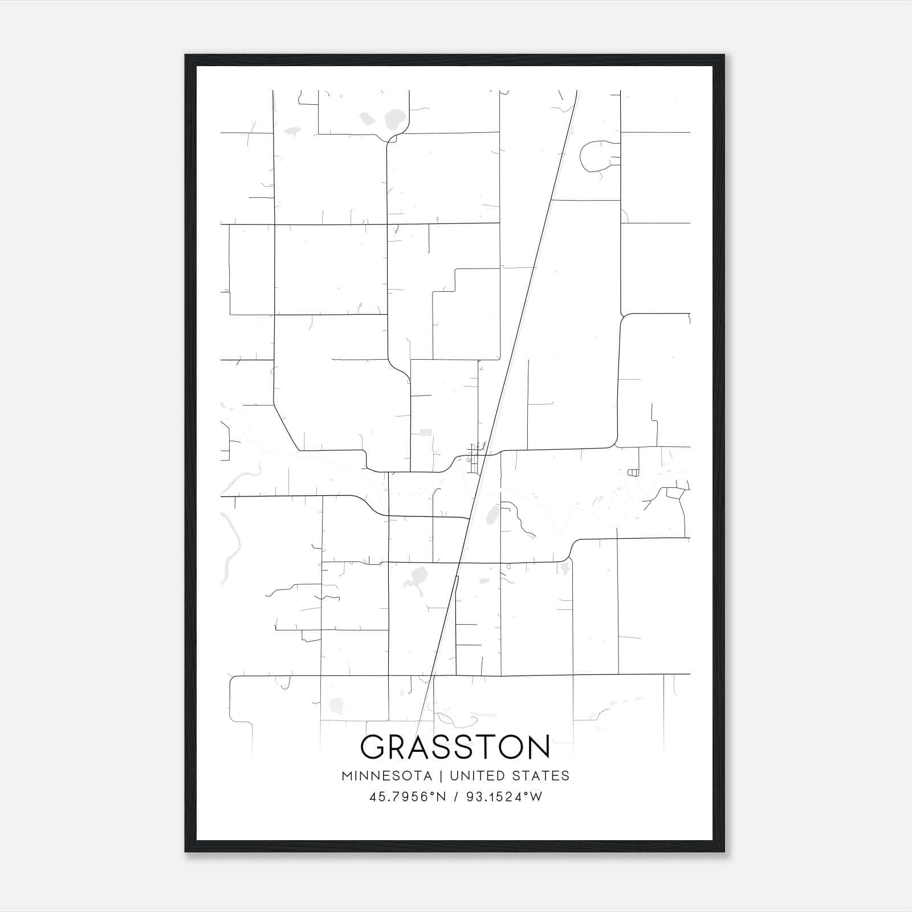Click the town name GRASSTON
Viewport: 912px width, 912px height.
pos(455,747)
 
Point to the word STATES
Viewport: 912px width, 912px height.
pos(540,776)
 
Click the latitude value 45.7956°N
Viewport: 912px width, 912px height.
pos(407,797)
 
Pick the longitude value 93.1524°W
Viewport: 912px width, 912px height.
pos(504,797)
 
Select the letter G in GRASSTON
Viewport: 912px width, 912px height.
pos(373,747)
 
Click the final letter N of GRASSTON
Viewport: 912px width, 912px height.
pos(538,747)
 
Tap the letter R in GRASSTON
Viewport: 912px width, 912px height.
pos(401,747)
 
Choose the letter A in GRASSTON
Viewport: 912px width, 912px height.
pos(427,747)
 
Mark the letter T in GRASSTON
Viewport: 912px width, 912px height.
pos(483,747)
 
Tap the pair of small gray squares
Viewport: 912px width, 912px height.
pos(426,433)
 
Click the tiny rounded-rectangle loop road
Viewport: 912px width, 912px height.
pos(632,473)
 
